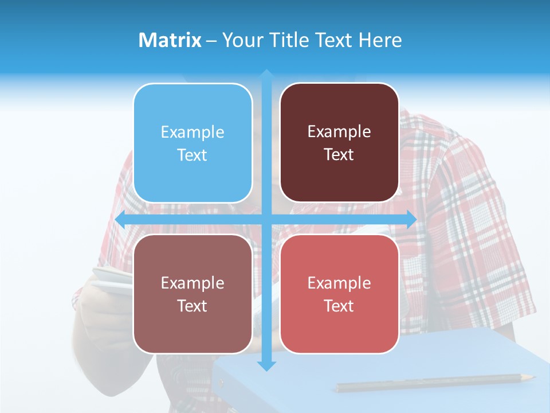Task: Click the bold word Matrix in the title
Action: pyautogui.click(x=170, y=40)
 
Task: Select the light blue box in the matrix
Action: pyautogui.click(x=192, y=143)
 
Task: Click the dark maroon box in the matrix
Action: pyautogui.click(x=339, y=143)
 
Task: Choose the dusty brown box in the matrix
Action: pyautogui.click(x=192, y=294)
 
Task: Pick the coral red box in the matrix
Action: pyautogui.click(x=339, y=294)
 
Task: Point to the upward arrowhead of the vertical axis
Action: pyautogui.click(x=266, y=75)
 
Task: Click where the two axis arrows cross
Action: pyautogui.click(x=266, y=220)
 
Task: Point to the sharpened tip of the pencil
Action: pyautogui.click(x=532, y=377)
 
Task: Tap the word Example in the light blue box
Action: pyautogui.click(x=192, y=132)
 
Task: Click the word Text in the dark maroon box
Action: pyautogui.click(x=339, y=155)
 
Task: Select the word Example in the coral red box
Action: pyautogui.click(x=339, y=283)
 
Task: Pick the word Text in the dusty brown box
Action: pyautogui.click(x=192, y=306)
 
